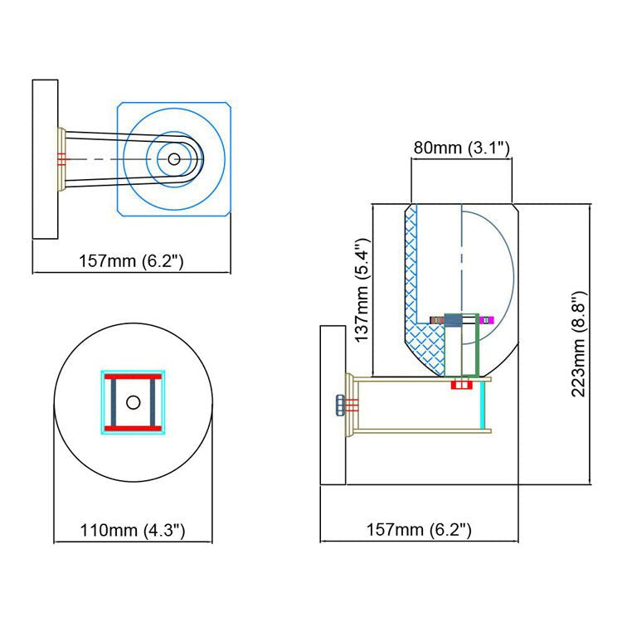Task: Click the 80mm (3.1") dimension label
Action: tap(461, 148)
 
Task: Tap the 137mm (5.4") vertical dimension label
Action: tap(362, 290)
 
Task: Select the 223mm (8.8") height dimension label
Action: tap(579, 343)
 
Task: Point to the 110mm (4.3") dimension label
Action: tap(133, 530)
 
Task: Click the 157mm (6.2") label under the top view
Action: tap(131, 261)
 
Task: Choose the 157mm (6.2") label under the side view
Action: tap(419, 530)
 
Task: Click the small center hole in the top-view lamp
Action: tap(174, 159)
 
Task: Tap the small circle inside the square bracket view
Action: tap(134, 402)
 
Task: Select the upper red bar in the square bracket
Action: tap(134, 377)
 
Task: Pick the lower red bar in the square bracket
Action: tap(134, 429)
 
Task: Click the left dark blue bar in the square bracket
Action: tap(114, 402)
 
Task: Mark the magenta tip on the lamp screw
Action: tap(487, 320)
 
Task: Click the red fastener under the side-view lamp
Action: tap(462, 384)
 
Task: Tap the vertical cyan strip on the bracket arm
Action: tap(483, 405)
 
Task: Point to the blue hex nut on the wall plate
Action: tap(340, 405)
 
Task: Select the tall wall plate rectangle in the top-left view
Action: tap(46, 159)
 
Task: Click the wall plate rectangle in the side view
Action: tap(333, 405)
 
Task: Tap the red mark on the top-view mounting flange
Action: tap(61, 159)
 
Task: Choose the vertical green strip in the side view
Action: tap(477, 345)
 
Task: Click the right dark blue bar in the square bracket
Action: tap(153, 402)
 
